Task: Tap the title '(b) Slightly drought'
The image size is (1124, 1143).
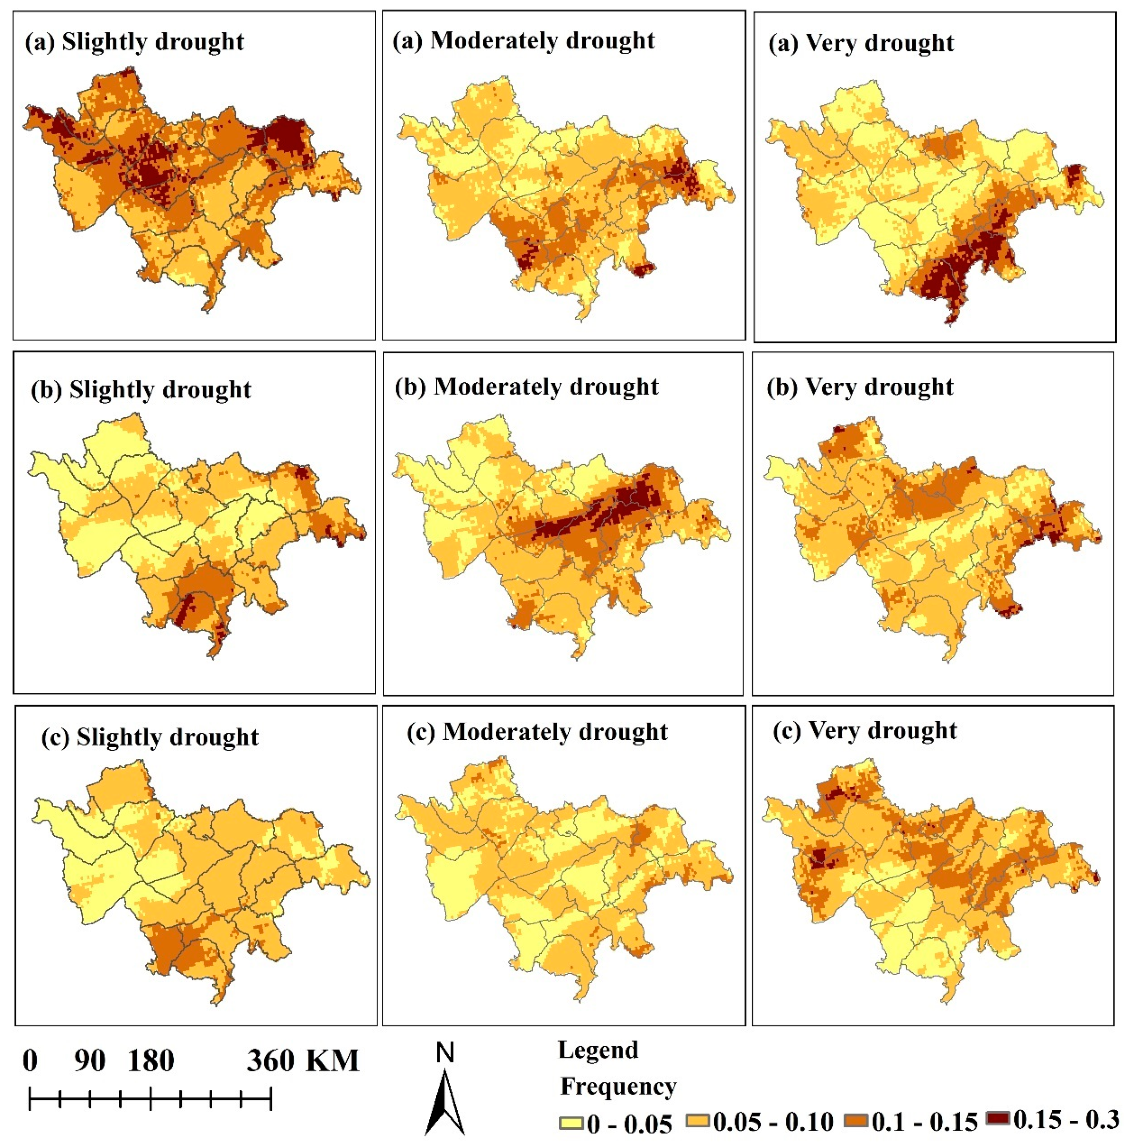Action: point(141,390)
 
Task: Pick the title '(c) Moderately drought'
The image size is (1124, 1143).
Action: point(537,732)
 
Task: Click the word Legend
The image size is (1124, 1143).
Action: point(598,1050)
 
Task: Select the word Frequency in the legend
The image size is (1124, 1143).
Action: point(618,1086)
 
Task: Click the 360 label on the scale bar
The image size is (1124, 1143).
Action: point(270,1061)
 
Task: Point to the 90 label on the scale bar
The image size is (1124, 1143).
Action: point(90,1061)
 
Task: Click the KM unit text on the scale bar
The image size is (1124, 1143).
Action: point(332,1061)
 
